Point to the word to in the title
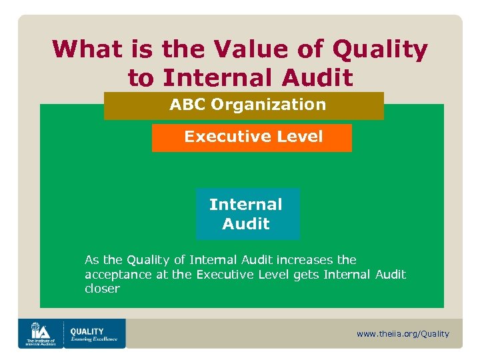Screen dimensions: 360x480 coord(141,78)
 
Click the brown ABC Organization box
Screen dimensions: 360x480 coord(243,105)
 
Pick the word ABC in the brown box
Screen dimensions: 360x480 coord(187,105)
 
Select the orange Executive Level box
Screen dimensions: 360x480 coord(252,137)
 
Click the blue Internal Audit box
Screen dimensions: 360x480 coord(247,214)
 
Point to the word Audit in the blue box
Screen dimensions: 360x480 coord(246,224)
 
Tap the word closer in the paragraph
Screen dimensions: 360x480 coord(102,289)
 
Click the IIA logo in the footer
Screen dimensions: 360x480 coord(40,333)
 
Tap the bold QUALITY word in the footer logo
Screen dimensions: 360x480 coord(87,331)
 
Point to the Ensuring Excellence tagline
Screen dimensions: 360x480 coord(93,339)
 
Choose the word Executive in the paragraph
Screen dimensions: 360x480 coord(222,275)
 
